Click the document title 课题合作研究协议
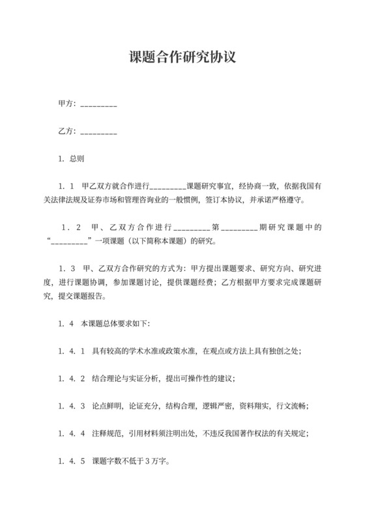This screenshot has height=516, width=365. (182, 57)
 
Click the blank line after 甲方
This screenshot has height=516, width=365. (98, 105)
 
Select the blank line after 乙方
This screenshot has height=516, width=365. (98, 133)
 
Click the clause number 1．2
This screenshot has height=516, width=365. (69, 229)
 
